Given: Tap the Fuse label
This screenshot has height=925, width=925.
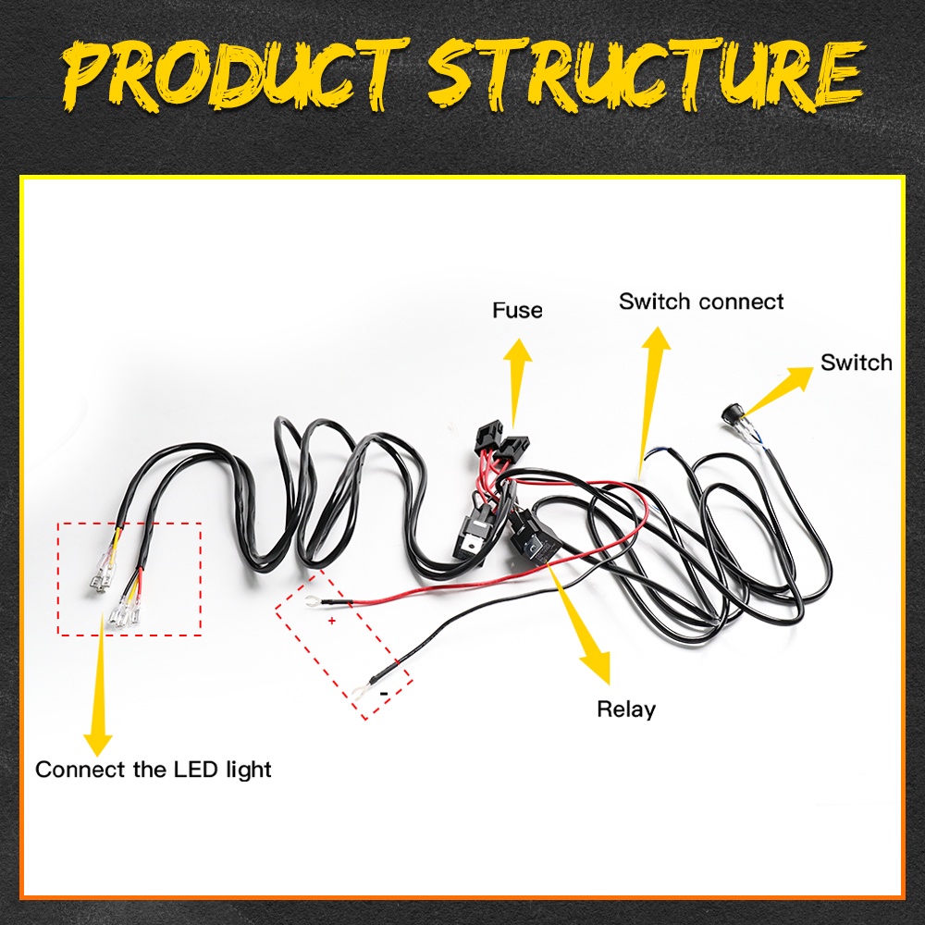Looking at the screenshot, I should pos(517,310).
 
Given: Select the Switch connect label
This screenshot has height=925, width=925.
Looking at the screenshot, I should pos(701,302).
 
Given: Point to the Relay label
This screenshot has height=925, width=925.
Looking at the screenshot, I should pos(626,709).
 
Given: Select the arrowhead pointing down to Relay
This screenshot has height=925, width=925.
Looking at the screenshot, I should pos(597,663).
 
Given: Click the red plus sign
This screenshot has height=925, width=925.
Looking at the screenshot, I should pos(331,621).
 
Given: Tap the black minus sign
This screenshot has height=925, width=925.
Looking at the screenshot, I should pos(383,691).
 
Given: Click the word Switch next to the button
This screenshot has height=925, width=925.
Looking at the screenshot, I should pos(856,362).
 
